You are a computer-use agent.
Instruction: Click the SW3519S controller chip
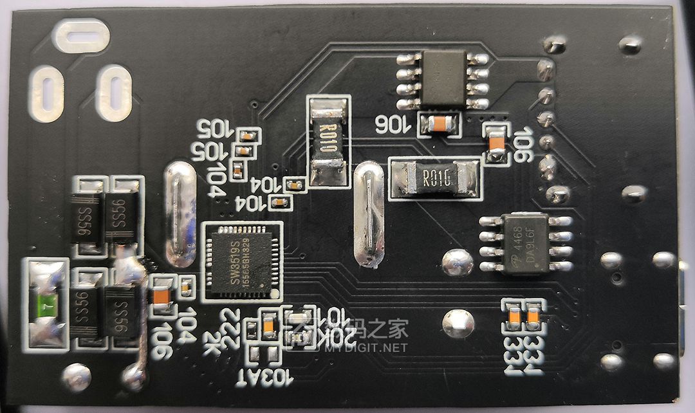point(241,261)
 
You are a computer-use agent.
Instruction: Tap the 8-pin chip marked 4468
point(526,243)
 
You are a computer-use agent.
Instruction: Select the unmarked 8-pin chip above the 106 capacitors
point(443,78)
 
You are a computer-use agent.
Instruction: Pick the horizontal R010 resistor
point(436,178)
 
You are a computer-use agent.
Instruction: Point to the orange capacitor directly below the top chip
point(439,124)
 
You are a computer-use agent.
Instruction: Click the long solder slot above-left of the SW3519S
point(180,214)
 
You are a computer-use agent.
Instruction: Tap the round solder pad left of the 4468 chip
point(457,262)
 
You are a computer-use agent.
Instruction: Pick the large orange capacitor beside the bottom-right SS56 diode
point(160,297)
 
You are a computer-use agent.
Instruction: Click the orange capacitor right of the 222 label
point(269,325)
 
